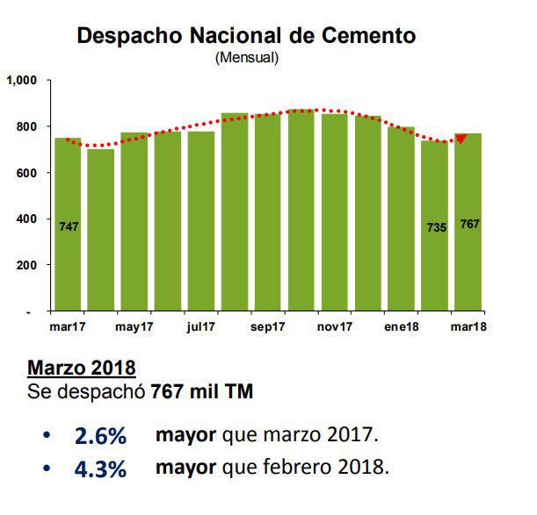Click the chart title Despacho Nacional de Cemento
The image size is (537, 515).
[x=246, y=36]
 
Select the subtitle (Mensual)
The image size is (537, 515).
[x=246, y=59]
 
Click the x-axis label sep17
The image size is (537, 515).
[x=270, y=327]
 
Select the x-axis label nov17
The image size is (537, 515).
[x=335, y=327]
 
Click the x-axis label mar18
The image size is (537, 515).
[x=469, y=327]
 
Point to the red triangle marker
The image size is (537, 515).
[x=461, y=139]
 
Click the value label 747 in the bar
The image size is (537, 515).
[x=69, y=226]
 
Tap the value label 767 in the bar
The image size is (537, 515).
[x=469, y=225]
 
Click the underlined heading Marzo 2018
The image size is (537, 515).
[x=82, y=366]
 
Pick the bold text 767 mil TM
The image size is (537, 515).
[x=201, y=391]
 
